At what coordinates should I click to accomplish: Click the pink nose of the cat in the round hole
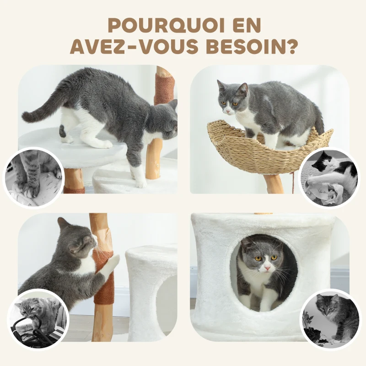[265, 269]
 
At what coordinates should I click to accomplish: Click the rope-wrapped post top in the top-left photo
[164, 87]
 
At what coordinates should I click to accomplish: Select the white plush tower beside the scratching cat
[151, 293]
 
